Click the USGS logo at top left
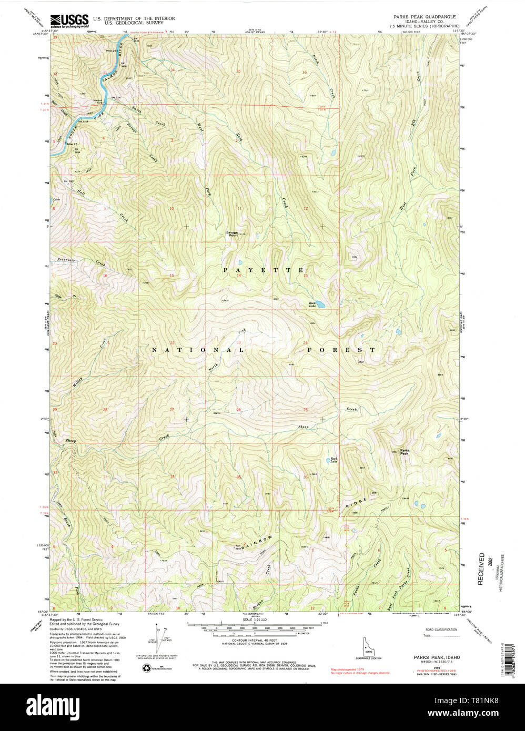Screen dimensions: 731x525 (x=69, y=21)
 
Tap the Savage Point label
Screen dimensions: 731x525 (x=232, y=234)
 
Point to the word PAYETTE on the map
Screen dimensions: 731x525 (x=264, y=270)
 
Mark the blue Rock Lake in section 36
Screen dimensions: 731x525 (x=332, y=461)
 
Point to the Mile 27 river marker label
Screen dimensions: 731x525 (x=71, y=144)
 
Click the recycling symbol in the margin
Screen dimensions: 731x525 (x=147, y=668)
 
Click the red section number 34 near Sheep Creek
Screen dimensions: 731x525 (x=173, y=477)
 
